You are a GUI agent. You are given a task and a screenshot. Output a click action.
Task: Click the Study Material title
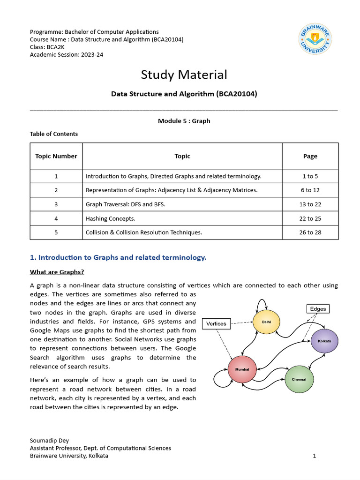184,75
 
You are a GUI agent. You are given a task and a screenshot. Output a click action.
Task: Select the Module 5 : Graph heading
184,121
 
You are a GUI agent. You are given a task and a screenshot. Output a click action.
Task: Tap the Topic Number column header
56,156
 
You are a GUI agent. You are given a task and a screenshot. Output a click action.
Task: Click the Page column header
310,156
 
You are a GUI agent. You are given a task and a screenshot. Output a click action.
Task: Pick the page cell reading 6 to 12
310,190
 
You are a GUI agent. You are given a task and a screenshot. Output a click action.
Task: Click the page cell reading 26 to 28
310,232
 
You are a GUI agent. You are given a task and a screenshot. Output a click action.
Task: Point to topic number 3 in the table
56,204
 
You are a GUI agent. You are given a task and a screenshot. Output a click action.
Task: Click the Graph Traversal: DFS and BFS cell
125,204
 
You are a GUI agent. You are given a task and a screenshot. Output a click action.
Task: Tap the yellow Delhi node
266,321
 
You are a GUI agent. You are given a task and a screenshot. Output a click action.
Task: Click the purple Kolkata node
324,341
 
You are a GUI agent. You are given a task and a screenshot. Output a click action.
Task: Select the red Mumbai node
242,369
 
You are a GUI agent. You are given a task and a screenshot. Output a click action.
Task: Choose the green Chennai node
299,379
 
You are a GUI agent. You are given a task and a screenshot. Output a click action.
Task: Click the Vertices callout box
216,323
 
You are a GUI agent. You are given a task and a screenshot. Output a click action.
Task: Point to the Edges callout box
318,309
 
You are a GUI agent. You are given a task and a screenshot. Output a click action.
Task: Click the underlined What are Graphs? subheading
57,272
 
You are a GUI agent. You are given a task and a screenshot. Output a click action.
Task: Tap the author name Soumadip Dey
49,441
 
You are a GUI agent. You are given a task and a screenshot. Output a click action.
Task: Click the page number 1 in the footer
315,456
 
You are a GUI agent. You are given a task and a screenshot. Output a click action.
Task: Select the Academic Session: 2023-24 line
67,54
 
